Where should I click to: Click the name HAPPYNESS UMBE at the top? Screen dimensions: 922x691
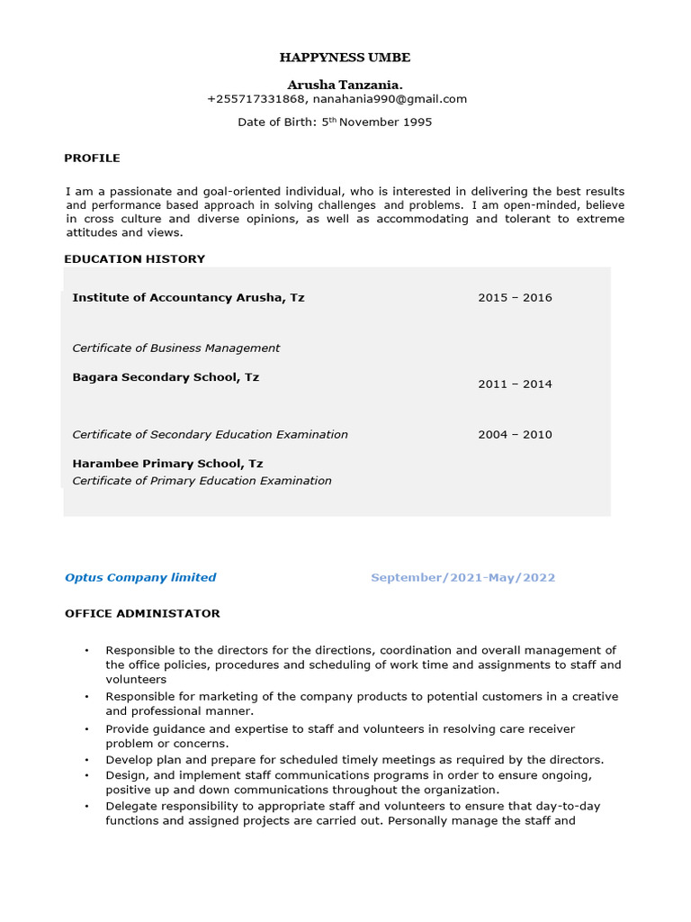[345, 58]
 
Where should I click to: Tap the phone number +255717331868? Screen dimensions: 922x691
[256, 99]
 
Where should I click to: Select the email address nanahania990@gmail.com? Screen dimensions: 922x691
[390, 99]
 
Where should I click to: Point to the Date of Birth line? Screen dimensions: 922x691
[335, 122]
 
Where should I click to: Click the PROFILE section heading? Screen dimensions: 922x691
[92, 158]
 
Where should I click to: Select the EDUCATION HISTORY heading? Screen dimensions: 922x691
[134, 259]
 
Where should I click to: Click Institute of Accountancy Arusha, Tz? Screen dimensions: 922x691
[188, 297]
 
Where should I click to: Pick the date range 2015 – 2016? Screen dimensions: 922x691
[515, 298]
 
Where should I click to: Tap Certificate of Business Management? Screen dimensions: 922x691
[175, 348]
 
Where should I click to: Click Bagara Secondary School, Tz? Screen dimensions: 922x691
[166, 377]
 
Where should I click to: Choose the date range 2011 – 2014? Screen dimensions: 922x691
[515, 384]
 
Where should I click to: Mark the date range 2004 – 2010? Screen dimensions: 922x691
[515, 435]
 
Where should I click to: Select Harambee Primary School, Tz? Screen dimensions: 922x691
[167, 464]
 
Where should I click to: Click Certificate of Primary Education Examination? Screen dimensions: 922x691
[202, 481]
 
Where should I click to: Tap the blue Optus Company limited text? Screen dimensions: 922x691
[140, 578]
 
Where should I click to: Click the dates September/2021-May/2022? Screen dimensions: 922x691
[462, 578]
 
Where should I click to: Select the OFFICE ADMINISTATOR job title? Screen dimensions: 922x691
[142, 613]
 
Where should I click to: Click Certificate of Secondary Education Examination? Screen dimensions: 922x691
[210, 435]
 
